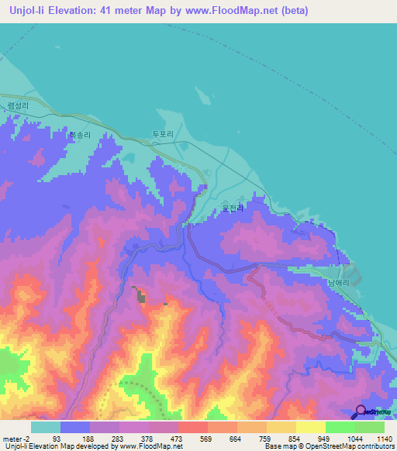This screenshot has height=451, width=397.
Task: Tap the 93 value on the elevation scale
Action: pyautogui.click(x=75, y=437)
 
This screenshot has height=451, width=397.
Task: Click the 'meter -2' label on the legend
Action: pyautogui.click(x=15, y=437)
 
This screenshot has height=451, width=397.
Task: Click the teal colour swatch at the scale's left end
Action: pyautogui.click(x=46, y=427)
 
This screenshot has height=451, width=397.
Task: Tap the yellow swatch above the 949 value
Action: pyautogui.click(x=310, y=427)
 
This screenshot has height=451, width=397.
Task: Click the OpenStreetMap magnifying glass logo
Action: pyautogui.click(x=361, y=411)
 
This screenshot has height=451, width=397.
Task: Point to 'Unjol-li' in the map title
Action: pyautogui.click(x=29, y=10)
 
